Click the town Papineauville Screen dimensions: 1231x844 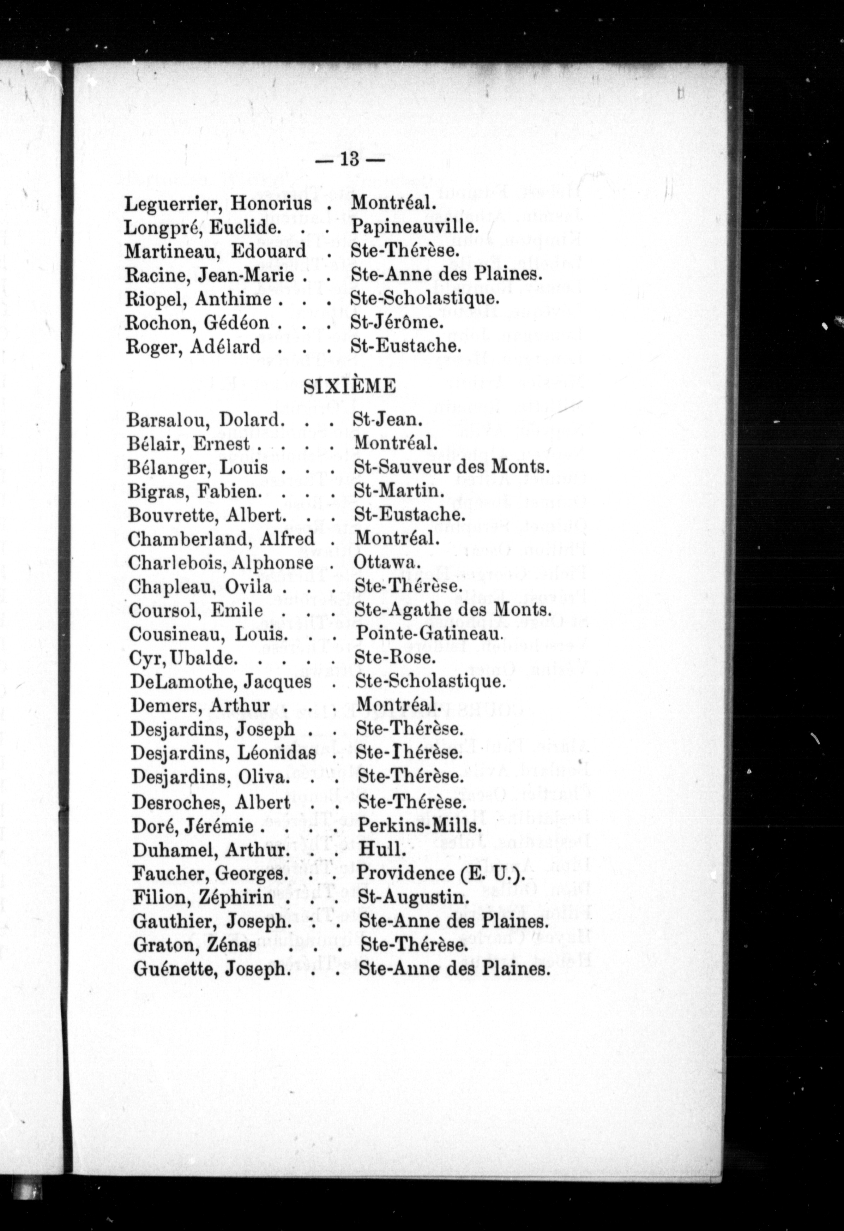(415, 227)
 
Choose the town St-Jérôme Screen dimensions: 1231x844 (397, 322)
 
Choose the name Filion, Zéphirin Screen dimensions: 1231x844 (203, 897)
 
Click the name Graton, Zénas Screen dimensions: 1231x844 (194, 945)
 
